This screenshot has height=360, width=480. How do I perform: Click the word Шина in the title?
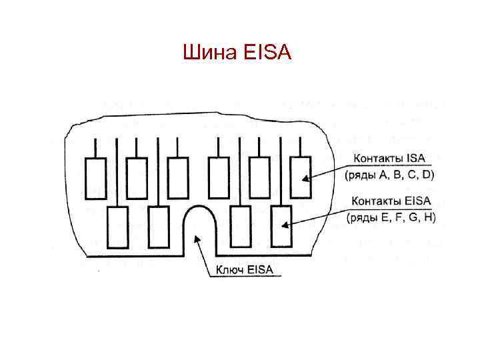pos(204,51)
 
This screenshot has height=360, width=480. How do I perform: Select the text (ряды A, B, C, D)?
pos(389,175)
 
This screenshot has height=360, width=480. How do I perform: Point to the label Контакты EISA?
pos(391,201)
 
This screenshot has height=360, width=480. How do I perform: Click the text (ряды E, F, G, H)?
pos(391,217)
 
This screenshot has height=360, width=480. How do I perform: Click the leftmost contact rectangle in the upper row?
pos(95,177)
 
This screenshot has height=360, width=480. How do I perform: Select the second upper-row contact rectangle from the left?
pos(137,177)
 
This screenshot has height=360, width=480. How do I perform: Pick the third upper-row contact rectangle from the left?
pos(177,177)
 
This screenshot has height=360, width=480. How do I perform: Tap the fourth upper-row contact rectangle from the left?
pos(218,177)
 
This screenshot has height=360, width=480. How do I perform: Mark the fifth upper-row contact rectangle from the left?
pos(259,177)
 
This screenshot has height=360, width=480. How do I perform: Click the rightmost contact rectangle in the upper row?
pos(301,177)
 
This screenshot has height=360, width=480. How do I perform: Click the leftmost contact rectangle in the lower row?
pos(117,227)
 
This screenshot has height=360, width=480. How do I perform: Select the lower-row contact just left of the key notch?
pos(158,227)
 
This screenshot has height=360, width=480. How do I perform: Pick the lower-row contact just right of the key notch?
pos(240,227)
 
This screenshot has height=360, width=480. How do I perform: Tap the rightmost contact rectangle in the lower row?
pos(281,227)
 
